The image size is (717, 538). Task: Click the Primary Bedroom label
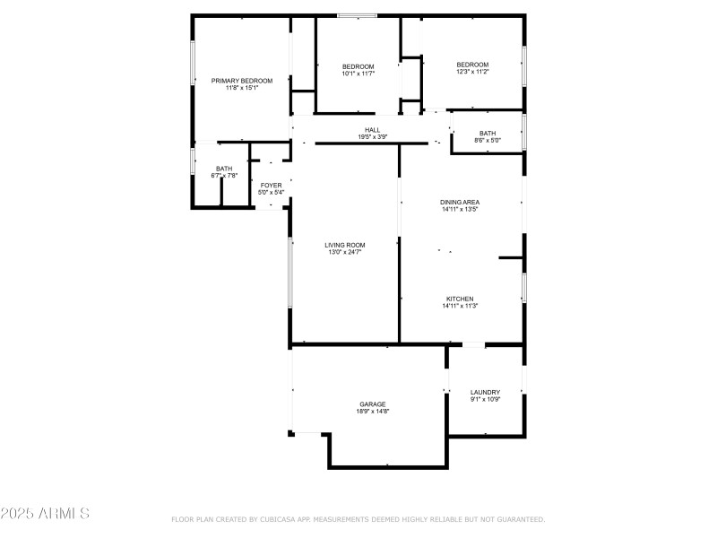click(242, 81)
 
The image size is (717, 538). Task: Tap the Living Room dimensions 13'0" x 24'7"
click(345, 253)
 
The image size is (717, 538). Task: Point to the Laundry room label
click(485, 392)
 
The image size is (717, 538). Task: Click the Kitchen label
click(460, 299)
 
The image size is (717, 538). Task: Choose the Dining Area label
click(460, 203)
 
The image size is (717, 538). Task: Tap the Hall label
click(372, 130)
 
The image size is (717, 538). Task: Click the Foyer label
click(271, 185)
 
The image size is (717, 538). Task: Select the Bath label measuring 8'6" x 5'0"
click(488, 134)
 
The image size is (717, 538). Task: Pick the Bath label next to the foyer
click(224, 169)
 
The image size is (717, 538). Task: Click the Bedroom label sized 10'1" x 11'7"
click(358, 67)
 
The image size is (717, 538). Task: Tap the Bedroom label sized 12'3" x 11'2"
click(472, 65)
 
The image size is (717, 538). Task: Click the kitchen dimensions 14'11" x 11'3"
click(460, 307)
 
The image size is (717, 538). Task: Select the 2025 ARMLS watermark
click(45, 514)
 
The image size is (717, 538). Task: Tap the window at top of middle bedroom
click(358, 15)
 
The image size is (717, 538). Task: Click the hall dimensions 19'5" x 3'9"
click(372, 137)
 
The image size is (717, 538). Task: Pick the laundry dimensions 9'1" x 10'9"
click(485, 400)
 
